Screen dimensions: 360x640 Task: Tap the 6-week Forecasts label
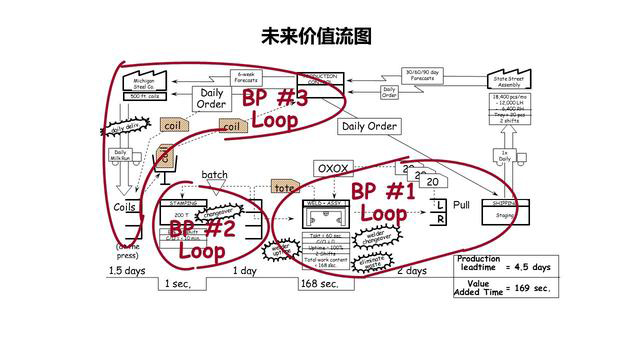[245, 76]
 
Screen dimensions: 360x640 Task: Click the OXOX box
[333, 168]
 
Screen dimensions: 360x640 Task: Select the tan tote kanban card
[286, 188]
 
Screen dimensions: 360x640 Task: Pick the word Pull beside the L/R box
[462, 204]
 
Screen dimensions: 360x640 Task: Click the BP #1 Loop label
[383, 201]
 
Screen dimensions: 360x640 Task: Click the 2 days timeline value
[411, 271]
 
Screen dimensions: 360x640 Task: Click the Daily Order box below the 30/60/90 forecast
[371, 126]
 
